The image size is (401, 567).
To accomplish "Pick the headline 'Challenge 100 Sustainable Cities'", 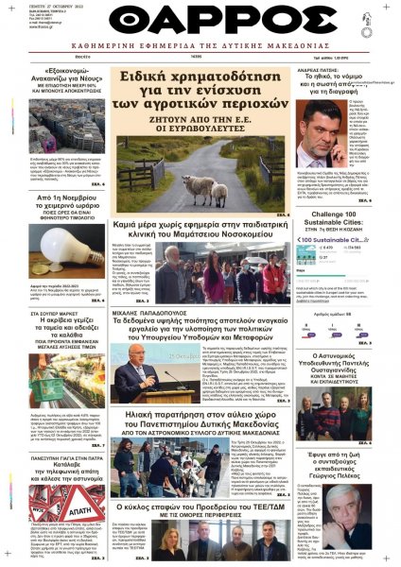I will click(x=344, y=224).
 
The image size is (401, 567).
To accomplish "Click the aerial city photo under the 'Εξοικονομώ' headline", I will click(x=51, y=143).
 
